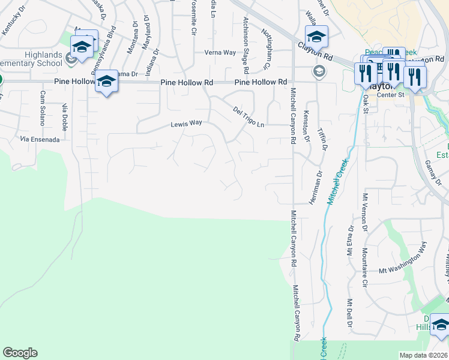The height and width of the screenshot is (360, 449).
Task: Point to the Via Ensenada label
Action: click(x=40, y=139)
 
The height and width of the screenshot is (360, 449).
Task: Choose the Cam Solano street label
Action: click(x=43, y=107)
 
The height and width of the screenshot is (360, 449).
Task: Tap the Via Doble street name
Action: click(x=64, y=116)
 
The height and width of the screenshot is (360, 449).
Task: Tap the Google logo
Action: click(x=20, y=353)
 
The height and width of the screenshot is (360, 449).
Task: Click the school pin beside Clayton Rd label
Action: click(x=316, y=37)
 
